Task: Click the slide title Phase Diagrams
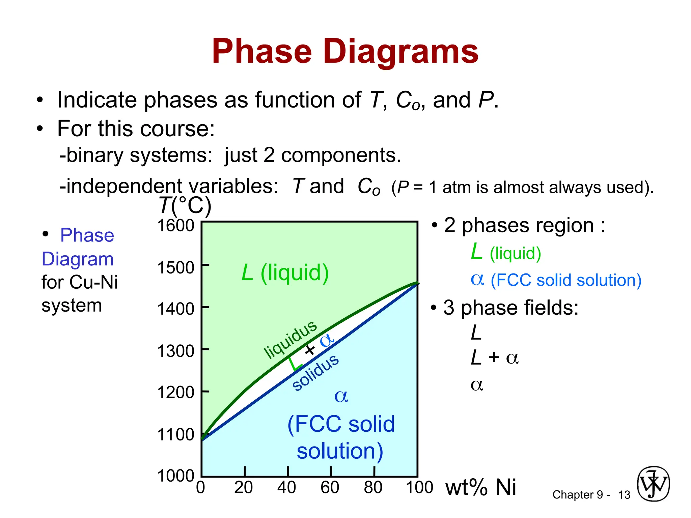coord(345,51)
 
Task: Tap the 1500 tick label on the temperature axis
coord(176,268)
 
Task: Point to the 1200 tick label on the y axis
coord(176,393)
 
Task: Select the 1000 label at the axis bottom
coord(176,476)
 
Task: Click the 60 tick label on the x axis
coord(330,488)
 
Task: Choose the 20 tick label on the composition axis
coord(243,488)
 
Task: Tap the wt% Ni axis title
coord(480,488)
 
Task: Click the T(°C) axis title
coord(185,205)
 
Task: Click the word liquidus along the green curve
coord(290,339)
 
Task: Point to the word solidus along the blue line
coord(315,372)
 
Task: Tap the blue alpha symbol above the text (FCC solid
coord(341,396)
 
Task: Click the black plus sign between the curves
coord(310,350)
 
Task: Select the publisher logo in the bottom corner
coord(653,484)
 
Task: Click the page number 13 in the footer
coord(624,495)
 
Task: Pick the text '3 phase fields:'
coord(511,308)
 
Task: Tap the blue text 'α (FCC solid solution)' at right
coord(556,280)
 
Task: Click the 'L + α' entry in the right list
coord(495,357)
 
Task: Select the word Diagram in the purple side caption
coord(78,259)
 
